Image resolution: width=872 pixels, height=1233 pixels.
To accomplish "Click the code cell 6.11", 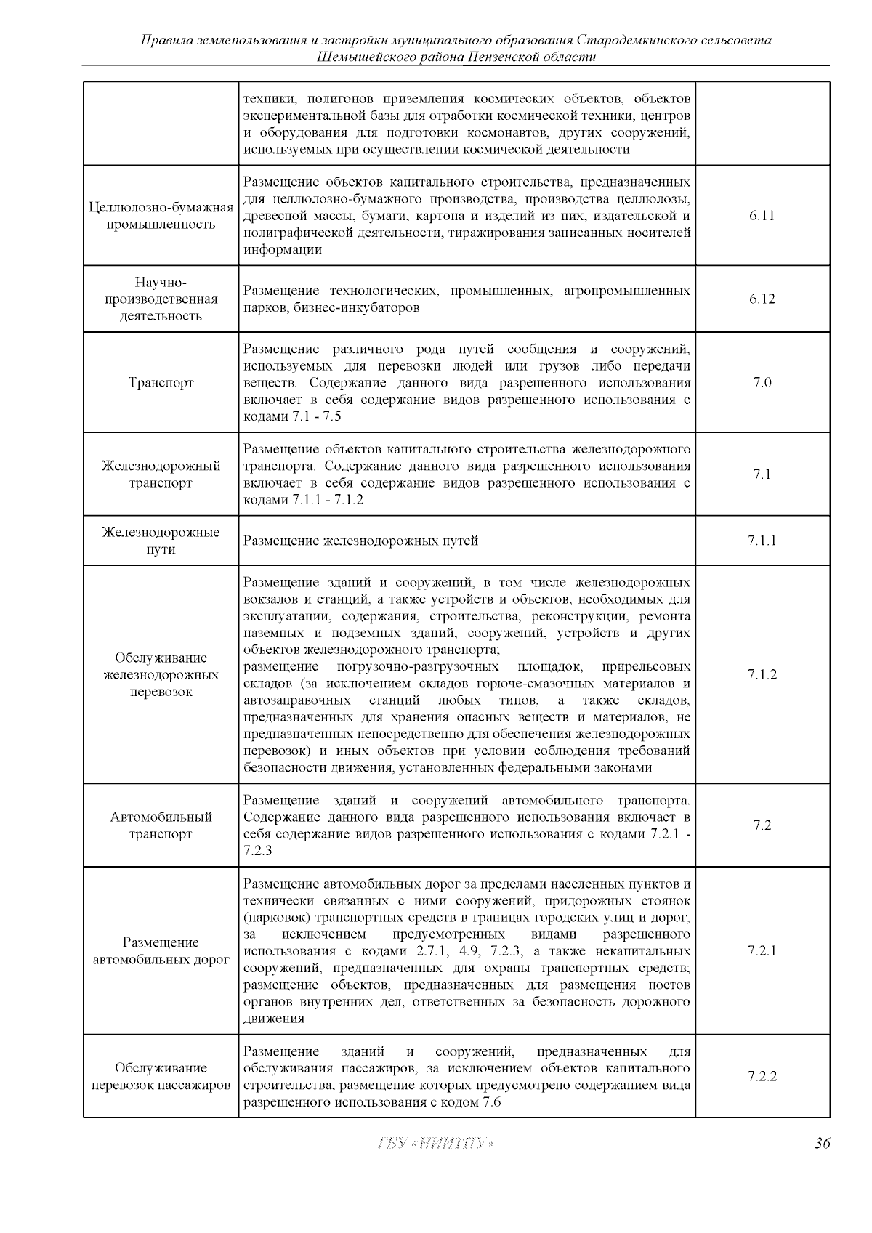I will tap(762, 216).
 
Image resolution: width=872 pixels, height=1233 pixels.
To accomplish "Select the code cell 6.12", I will tap(762, 299).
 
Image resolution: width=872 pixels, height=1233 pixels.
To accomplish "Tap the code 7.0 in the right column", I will tap(762, 383).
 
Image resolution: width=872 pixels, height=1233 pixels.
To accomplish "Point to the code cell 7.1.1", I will tap(762, 541).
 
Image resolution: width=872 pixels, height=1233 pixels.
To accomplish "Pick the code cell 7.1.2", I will tap(762, 674).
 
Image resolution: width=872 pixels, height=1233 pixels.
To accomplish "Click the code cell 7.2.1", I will tap(762, 950).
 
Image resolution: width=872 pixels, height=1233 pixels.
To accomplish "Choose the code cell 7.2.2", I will tap(762, 1076).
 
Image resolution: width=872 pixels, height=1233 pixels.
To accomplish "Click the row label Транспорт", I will tap(161, 383).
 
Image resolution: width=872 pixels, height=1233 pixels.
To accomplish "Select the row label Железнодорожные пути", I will tap(161, 541).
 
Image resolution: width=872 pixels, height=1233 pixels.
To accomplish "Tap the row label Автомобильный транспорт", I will tap(161, 825).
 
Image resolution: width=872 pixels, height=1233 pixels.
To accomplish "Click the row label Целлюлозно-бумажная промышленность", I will tap(161, 216).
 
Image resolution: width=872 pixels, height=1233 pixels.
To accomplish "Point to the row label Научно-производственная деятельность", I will tap(161, 299).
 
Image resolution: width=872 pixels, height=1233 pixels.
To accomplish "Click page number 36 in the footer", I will tap(822, 1143).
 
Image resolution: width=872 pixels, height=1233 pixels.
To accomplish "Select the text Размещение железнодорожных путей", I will tap(360, 541).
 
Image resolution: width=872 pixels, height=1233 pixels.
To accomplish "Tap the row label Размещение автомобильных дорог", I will tap(161, 951).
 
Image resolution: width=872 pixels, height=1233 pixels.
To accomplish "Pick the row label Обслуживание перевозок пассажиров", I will tap(161, 1077).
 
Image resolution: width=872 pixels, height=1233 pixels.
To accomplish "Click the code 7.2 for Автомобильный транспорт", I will tap(762, 825).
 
